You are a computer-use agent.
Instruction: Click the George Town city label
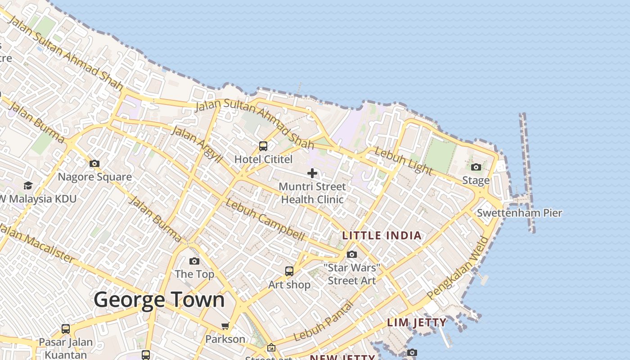(x=159, y=300)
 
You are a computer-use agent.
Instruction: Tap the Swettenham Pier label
(x=519, y=213)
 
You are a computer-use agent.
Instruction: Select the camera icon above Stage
(x=476, y=167)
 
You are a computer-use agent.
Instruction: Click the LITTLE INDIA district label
(x=382, y=235)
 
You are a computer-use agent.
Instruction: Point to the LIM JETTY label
(x=417, y=322)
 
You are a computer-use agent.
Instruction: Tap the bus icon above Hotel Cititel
(x=263, y=146)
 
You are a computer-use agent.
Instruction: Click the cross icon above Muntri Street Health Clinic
(x=312, y=173)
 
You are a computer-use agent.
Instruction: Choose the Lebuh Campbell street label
(x=265, y=220)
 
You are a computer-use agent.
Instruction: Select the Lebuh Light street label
(x=403, y=161)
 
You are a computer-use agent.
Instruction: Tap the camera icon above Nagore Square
(x=94, y=163)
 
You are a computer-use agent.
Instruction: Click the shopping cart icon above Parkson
(x=225, y=326)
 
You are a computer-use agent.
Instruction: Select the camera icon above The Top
(x=194, y=261)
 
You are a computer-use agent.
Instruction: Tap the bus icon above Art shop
(x=289, y=271)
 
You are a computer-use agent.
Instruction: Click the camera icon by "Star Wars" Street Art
(x=352, y=255)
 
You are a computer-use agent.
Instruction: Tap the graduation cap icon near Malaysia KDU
(x=28, y=185)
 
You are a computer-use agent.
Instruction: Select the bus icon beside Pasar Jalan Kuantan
(x=66, y=329)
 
